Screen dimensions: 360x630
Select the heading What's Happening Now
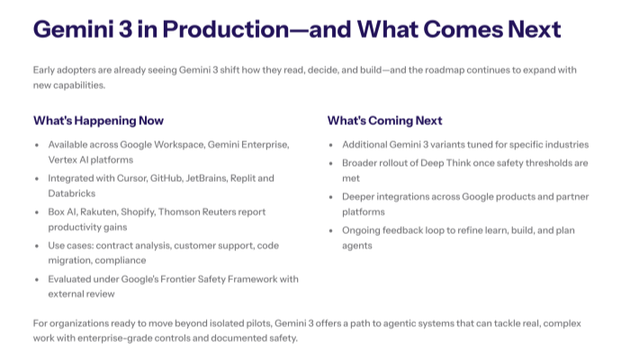coord(98,121)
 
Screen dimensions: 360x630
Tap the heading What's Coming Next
coord(384,121)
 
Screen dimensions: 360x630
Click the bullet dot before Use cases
coord(36,246)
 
